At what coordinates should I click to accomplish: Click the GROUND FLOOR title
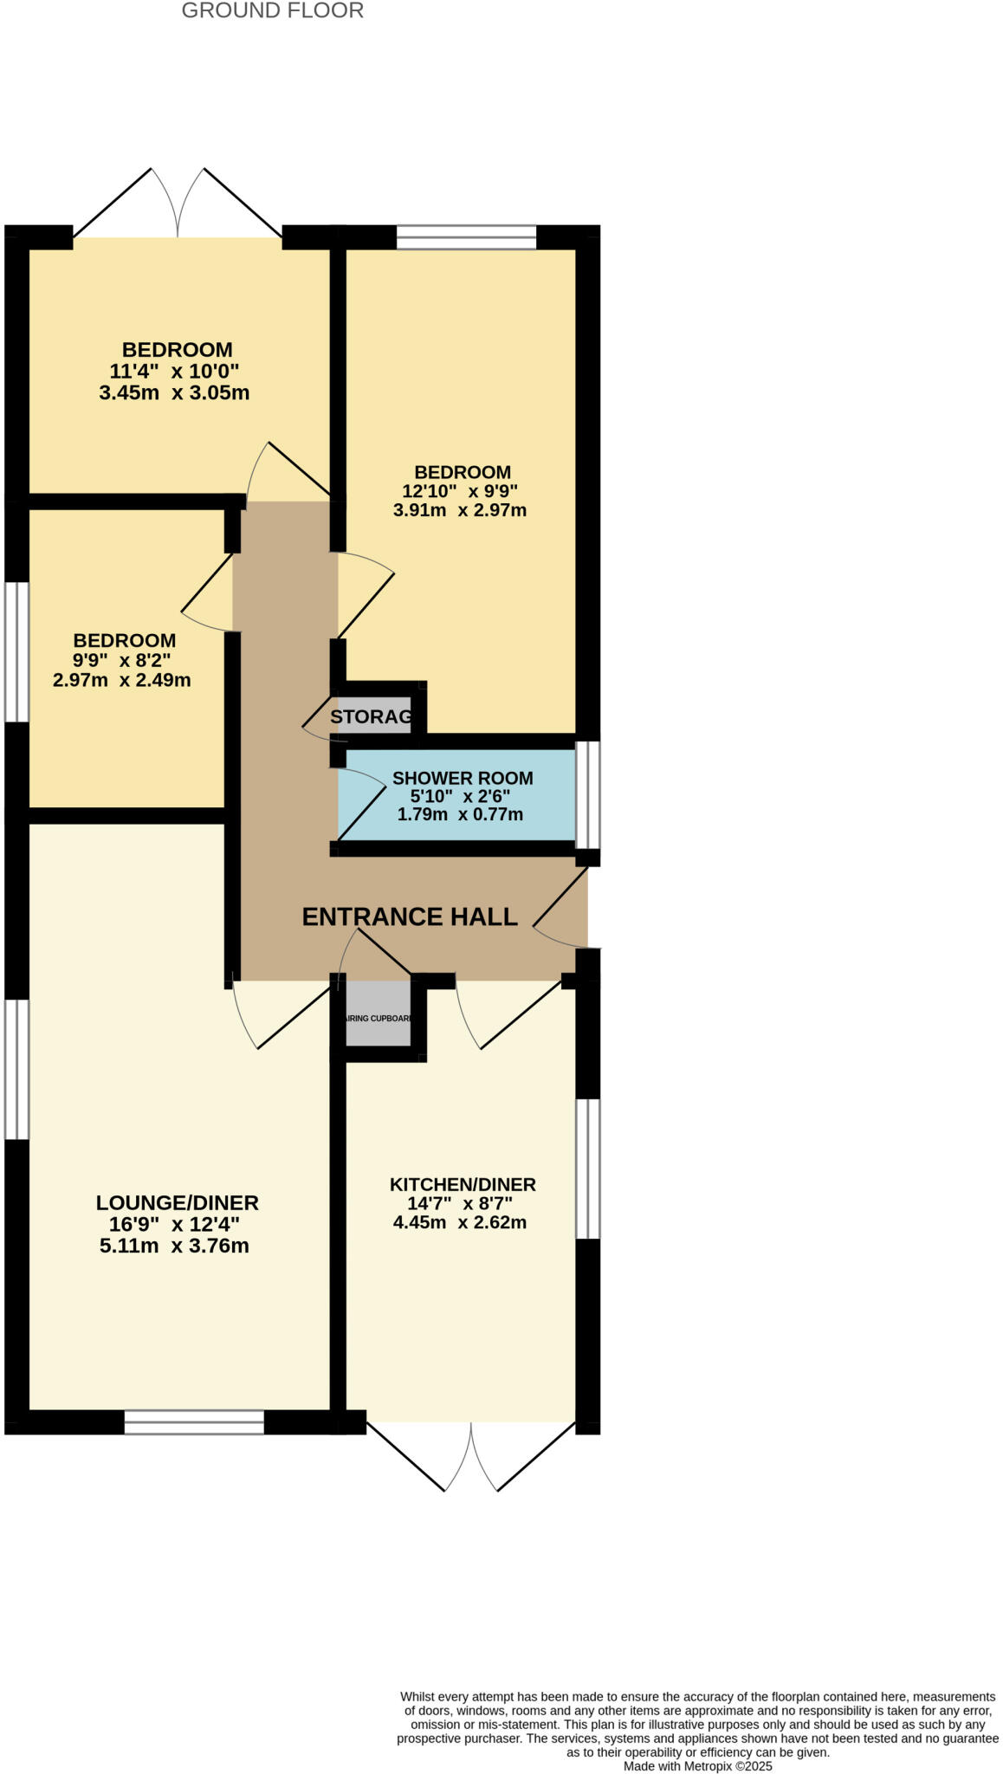(x=272, y=11)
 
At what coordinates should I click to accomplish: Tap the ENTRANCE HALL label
(x=409, y=916)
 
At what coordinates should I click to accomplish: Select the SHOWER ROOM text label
(x=462, y=778)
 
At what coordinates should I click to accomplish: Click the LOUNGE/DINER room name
(x=177, y=1202)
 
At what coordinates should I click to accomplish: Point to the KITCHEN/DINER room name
(x=463, y=1184)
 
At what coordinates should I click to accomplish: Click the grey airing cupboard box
(x=378, y=1015)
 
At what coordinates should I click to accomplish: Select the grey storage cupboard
(x=372, y=716)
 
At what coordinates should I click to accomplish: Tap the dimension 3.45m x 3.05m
(x=174, y=393)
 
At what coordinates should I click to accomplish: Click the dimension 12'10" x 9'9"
(x=460, y=490)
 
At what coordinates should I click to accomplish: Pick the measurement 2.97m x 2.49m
(x=122, y=680)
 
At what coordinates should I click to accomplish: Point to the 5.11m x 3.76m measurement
(x=174, y=1246)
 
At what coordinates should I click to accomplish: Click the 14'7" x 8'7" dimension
(x=460, y=1203)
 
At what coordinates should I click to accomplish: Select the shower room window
(x=587, y=794)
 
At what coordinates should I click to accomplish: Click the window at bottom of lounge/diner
(x=194, y=1422)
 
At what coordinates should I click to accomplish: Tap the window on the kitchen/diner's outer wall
(x=587, y=1169)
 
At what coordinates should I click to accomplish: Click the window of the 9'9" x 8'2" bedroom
(x=16, y=651)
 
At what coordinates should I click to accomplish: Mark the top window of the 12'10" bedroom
(x=467, y=236)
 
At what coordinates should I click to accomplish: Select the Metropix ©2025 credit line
(x=697, y=1765)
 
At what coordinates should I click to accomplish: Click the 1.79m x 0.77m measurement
(x=460, y=814)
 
